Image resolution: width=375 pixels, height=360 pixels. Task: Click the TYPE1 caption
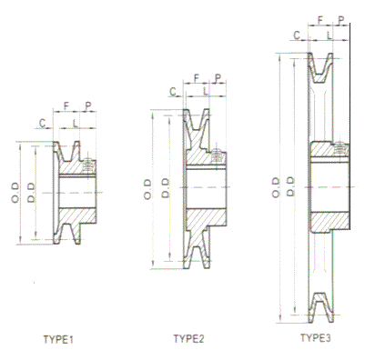click(58, 339)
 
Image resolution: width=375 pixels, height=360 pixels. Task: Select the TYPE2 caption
click(188, 338)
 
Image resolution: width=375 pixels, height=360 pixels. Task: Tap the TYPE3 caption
click(315, 337)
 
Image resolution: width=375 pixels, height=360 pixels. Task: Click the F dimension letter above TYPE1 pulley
click(66, 105)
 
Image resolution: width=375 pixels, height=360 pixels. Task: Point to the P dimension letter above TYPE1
click(88, 105)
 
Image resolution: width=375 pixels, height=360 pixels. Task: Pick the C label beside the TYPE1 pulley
click(43, 123)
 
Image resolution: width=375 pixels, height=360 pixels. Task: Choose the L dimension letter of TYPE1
click(75, 123)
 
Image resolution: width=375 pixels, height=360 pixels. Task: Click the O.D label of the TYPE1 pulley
click(15, 192)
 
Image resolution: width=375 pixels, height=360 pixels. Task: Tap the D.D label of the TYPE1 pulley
click(31, 192)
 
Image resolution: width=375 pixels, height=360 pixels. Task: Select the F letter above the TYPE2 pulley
click(197, 78)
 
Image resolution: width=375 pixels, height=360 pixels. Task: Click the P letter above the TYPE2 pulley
click(218, 78)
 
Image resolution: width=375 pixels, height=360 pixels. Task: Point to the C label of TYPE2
click(173, 91)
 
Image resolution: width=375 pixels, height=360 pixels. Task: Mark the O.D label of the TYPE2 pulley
click(147, 189)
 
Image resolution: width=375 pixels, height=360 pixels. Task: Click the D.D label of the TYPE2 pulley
click(166, 188)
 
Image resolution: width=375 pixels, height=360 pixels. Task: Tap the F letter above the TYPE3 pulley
click(320, 20)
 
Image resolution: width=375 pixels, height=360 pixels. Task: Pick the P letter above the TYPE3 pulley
click(341, 20)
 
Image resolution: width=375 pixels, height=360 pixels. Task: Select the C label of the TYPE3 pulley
click(297, 35)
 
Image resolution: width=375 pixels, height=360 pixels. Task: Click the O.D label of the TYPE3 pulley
click(276, 187)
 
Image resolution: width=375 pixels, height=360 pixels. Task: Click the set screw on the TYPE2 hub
click(216, 156)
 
